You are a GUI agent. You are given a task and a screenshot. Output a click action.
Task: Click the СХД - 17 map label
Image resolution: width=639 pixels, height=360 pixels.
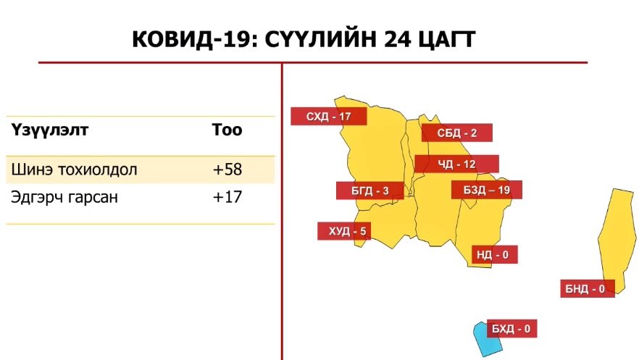pyautogui.click(x=328, y=117)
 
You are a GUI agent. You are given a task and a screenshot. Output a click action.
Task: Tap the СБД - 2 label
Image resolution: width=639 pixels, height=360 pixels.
pyautogui.click(x=457, y=133)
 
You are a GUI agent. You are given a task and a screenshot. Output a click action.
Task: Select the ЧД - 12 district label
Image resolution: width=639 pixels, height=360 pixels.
pyautogui.click(x=456, y=164)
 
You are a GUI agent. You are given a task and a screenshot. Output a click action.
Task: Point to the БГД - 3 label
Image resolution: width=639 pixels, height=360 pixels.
pyautogui.click(x=370, y=191)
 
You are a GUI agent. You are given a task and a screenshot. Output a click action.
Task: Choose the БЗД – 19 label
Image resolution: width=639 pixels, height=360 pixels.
pyautogui.click(x=487, y=190)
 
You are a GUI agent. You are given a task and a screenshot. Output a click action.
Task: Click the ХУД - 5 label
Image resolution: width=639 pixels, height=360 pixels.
pyautogui.click(x=344, y=231)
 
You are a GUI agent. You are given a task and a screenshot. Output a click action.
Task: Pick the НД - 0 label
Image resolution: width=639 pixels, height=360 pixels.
pyautogui.click(x=494, y=254)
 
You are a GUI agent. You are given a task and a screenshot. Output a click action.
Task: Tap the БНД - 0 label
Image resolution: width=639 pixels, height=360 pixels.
pyautogui.click(x=588, y=289)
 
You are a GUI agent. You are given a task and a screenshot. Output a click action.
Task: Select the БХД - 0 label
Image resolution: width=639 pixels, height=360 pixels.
pyautogui.click(x=511, y=329)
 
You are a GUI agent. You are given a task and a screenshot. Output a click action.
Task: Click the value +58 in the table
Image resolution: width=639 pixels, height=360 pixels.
pyautogui.click(x=227, y=169)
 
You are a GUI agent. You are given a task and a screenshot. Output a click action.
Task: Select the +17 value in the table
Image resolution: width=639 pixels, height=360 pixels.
pyautogui.click(x=227, y=197)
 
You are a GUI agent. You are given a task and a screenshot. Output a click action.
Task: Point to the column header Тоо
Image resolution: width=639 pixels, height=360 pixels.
pyautogui.click(x=227, y=130)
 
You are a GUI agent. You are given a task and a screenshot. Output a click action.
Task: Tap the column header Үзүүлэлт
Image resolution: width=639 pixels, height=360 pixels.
pyautogui.click(x=50, y=130)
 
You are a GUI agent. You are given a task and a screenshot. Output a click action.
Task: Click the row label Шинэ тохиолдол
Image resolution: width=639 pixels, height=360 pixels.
pyautogui.click(x=74, y=169)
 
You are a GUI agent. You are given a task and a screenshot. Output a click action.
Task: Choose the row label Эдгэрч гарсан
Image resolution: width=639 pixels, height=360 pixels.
pyautogui.click(x=64, y=198)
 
